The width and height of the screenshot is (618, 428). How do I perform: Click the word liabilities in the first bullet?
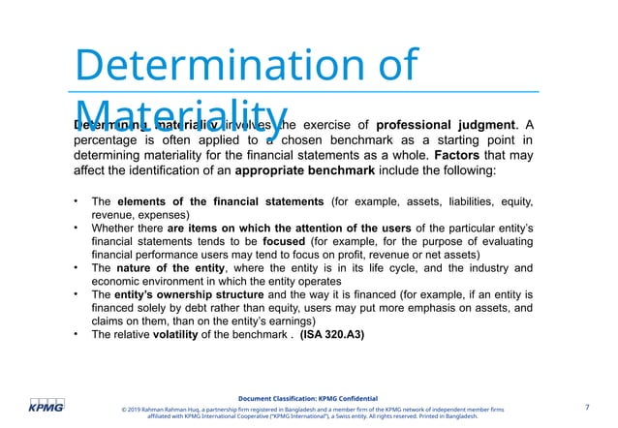click(x=470, y=200)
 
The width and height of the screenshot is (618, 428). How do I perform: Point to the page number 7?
click(x=587, y=406)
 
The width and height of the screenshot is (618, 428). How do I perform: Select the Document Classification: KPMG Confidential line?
click(x=309, y=398)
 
